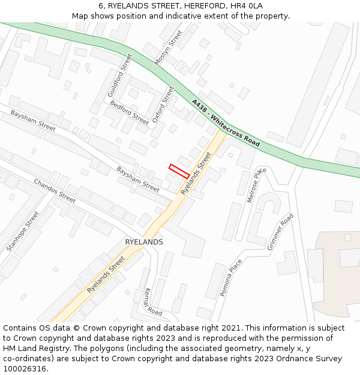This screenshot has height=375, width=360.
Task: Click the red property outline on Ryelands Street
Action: coord(179,171)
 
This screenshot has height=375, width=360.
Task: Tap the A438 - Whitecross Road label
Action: coord(226,123)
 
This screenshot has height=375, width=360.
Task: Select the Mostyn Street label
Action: coord(168,48)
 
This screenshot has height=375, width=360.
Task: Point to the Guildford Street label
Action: coord(119,76)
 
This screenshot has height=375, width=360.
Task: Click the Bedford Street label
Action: coord(129,112)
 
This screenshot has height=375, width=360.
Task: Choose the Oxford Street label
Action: coord(163,104)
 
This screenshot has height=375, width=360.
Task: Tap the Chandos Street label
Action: coord(55,190)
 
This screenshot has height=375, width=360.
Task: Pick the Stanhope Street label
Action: coord(22,231)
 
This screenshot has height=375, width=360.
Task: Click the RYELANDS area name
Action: coord(144,242)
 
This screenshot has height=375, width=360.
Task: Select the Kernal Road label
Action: coord(154,302)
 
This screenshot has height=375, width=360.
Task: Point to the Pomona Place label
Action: coord(231,277)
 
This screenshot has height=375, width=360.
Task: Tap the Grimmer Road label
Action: coord(280,232)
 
